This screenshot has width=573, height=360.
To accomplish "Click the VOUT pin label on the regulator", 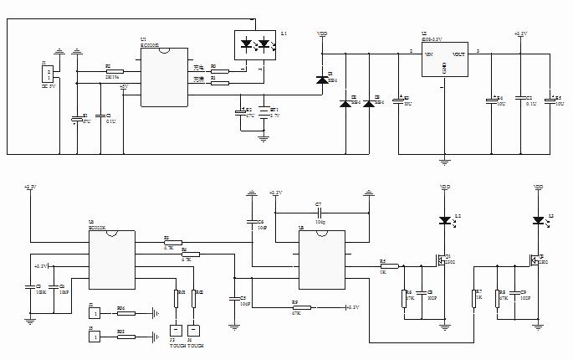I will coord(458,54).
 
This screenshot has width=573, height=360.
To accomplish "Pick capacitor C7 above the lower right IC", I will coord(318,213).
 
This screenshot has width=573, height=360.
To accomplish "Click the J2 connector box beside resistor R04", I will coord(95,313).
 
